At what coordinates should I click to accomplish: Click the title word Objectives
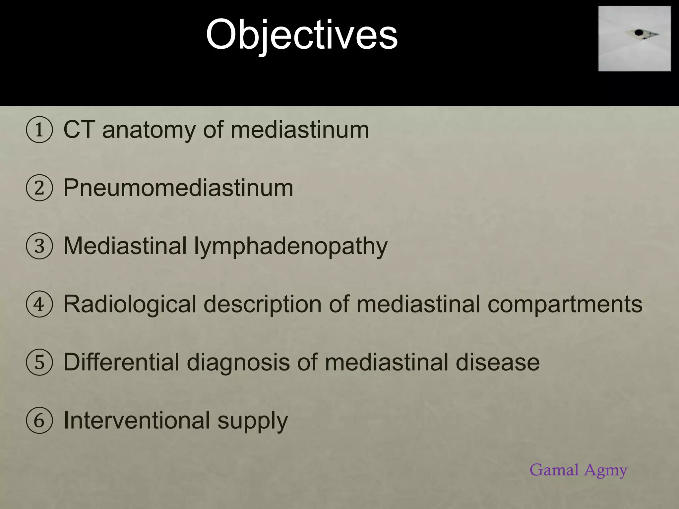coord(302,35)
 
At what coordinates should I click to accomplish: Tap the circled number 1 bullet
coord(39,130)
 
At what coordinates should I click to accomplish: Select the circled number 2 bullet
coord(39,188)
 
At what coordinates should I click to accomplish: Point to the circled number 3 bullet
coord(39,246)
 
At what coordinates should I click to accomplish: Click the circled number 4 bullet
coord(39,304)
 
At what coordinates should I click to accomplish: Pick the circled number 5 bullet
coord(39,362)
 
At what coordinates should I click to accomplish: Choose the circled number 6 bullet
coord(39,421)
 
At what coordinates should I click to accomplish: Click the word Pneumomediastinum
coord(178,188)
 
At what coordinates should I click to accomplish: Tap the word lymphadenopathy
coord(291,247)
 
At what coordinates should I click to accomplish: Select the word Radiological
coord(130,304)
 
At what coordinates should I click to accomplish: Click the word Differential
coord(121,362)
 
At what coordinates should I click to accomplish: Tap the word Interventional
coord(137,420)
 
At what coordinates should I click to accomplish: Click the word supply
coord(253,422)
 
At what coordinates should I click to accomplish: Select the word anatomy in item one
coord(149,130)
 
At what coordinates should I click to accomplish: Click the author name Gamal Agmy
coord(578,470)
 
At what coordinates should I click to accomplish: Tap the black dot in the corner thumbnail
coord(639,32)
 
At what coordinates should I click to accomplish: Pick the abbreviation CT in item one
coord(79,130)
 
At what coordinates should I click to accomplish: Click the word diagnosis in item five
coord(238,363)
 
